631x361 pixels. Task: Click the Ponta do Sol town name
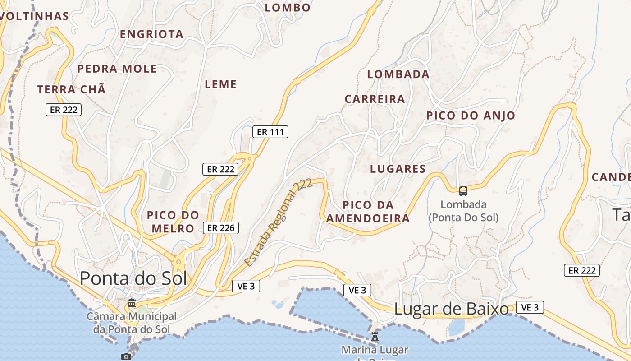pos(133,278)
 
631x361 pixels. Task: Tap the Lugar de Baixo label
pos(452,309)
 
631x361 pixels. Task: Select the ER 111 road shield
pos(270,132)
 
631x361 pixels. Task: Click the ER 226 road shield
pos(220,228)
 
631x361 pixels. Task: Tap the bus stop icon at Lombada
pos(463,191)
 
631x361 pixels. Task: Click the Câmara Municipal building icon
pos(132,302)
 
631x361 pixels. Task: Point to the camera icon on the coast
pos(126,356)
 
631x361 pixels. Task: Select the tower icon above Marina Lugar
pos(375,336)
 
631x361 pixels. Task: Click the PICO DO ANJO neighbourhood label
pos(471,116)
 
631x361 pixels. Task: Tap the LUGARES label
pos(398,169)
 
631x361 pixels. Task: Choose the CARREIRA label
pos(375,99)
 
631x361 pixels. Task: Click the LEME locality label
pos(220,84)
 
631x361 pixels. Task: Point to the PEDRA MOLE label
pos(117,69)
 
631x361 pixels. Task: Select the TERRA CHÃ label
pos(71,89)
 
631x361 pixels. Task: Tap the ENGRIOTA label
pos(151,34)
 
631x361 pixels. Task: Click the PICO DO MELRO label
pos(173,222)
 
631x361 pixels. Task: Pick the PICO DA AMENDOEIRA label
pos(368,212)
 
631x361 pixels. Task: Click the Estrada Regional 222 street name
pos(278,222)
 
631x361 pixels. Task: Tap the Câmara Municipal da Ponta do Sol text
pos(132,323)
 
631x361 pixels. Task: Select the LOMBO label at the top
pos(288,8)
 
